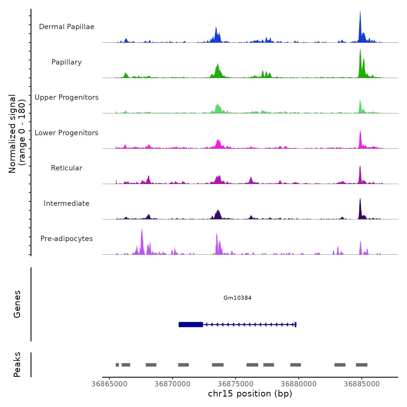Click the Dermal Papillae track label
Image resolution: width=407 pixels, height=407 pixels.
[67, 27]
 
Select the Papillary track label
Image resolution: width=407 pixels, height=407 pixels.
[67, 62]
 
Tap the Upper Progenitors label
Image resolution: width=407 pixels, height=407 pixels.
[67, 97]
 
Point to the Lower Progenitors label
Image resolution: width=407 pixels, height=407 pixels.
[67, 133]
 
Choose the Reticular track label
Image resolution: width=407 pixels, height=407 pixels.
[67, 168]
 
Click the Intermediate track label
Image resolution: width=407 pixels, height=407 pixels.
[67, 203]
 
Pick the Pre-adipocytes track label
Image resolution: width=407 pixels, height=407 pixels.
[67, 239]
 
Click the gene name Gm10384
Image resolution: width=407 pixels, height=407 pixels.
[237, 298]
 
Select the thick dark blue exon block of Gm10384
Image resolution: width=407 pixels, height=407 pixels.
[191, 324]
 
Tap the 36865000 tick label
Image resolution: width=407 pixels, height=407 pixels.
[109, 384]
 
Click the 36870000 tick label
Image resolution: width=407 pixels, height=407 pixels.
[172, 384]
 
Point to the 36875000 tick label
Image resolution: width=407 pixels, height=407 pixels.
[235, 384]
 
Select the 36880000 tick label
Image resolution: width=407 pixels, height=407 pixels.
[299, 384]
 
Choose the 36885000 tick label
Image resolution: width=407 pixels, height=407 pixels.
[362, 384]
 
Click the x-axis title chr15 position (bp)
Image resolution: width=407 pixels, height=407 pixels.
[250, 394]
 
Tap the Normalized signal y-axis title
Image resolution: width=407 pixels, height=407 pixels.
[17, 134]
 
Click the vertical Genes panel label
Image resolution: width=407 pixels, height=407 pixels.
[17, 304]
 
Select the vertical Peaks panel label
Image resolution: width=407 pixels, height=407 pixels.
[17, 365]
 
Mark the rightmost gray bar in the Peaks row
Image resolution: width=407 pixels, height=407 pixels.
[362, 365]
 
